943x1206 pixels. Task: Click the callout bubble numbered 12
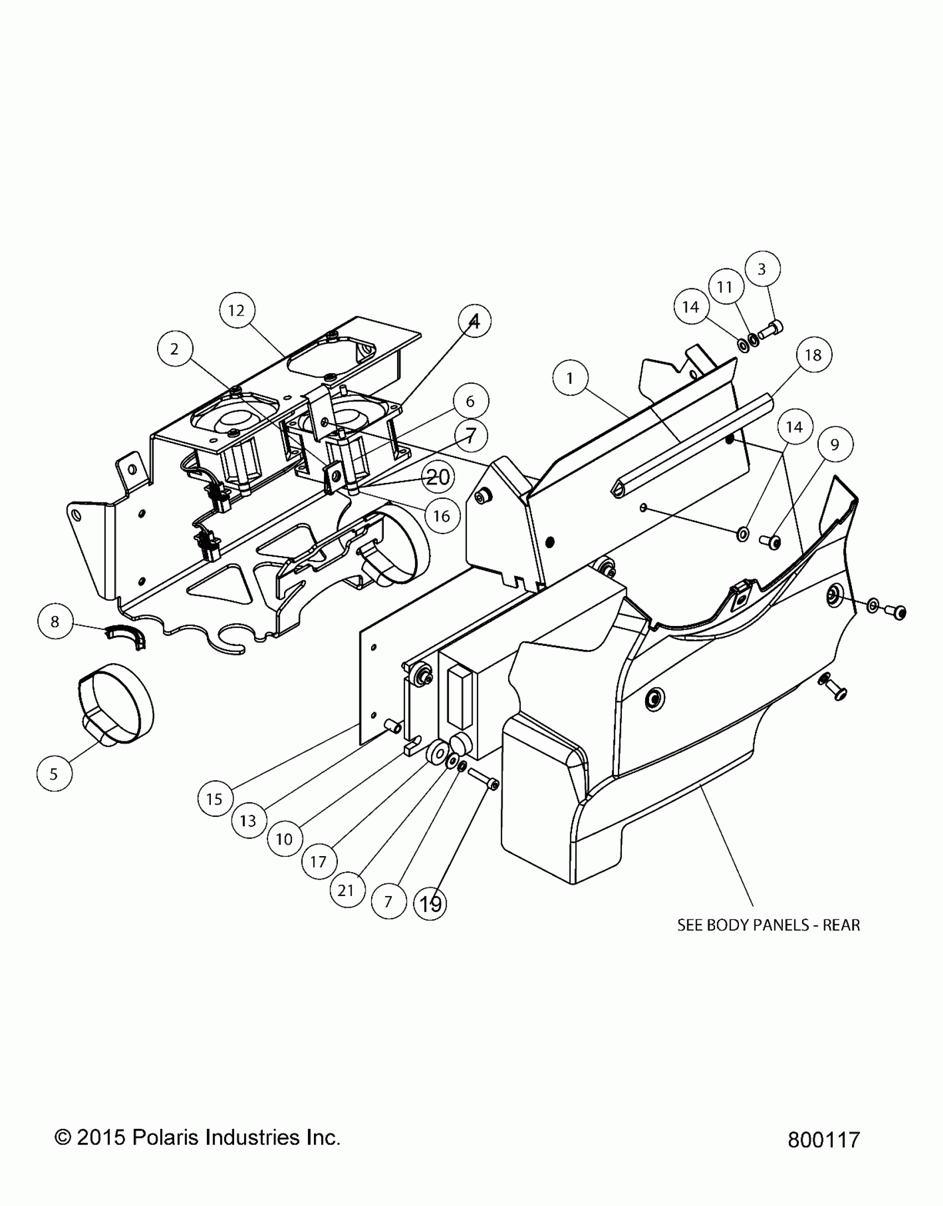(x=236, y=311)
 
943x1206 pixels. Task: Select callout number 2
(x=175, y=349)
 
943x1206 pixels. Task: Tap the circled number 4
(x=474, y=321)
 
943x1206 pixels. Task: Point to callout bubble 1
(x=570, y=379)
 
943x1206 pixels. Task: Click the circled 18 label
(x=813, y=355)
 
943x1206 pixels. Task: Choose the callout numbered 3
(x=762, y=269)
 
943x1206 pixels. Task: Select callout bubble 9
(x=834, y=445)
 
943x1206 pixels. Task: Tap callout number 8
(x=54, y=622)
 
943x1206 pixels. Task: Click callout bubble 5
(x=54, y=774)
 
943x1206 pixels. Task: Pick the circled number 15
(x=214, y=799)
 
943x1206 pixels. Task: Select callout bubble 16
(x=442, y=516)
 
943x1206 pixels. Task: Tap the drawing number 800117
(x=823, y=1139)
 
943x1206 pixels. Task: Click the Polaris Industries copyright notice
(x=197, y=1137)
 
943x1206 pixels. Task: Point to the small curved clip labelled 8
(x=125, y=633)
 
